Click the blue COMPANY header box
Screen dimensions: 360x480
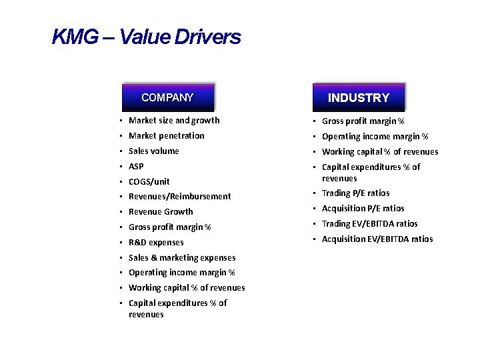click(x=167, y=97)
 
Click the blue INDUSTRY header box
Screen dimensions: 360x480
click(x=359, y=97)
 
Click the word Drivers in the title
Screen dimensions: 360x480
click(x=207, y=37)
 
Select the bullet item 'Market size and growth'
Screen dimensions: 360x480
click(x=173, y=121)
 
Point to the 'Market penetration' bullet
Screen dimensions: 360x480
click(x=166, y=136)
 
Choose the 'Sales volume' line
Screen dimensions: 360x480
click(x=153, y=151)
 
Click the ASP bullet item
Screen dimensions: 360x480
click(x=136, y=167)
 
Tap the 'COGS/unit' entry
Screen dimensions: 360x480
click(x=149, y=181)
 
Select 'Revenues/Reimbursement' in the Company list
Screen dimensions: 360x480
click(x=179, y=197)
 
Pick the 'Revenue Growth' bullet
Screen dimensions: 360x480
click(x=161, y=212)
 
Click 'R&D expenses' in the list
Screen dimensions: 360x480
click(x=156, y=243)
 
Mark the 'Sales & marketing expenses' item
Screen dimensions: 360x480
click(x=181, y=258)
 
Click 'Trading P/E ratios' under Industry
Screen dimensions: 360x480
click(x=355, y=193)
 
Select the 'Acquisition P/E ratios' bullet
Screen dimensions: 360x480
click(x=363, y=209)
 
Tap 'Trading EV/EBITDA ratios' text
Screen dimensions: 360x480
click(x=369, y=224)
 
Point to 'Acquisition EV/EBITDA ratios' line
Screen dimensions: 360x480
click(x=377, y=239)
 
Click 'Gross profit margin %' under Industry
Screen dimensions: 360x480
click(x=363, y=121)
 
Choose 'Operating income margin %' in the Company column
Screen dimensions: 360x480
click(x=181, y=273)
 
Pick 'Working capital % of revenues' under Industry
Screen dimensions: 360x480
click(x=380, y=152)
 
